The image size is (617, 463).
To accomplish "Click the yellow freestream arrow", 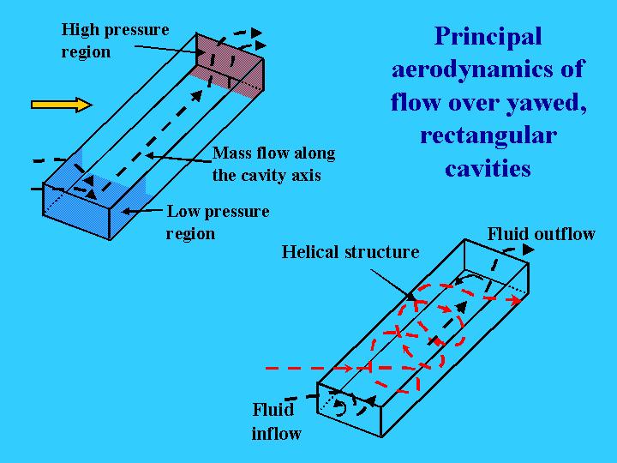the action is pos(62,105).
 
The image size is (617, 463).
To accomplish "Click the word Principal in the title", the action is pos(488,37).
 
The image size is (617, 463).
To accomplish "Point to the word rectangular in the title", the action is pos(488,136).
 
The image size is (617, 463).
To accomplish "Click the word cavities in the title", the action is pos(488,169).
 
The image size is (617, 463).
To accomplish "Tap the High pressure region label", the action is pos(115,40).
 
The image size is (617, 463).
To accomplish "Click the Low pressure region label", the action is pos(218,222).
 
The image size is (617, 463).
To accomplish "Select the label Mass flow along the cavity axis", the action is pos(274,164).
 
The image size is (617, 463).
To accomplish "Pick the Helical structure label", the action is pos(350,252).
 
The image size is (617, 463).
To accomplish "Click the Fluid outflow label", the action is pos(541,234).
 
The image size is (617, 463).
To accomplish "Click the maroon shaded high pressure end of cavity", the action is pos(231,66).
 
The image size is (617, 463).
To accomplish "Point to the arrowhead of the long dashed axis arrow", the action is pos(197,96).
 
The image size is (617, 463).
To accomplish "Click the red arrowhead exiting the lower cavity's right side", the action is pos(516,300).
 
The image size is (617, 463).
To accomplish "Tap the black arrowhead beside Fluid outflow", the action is pos(529,250).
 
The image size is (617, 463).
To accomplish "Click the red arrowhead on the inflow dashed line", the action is pos(347,368).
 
